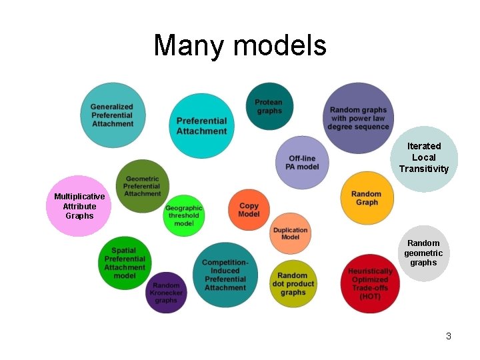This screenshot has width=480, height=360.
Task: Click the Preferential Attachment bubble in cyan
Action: pyautogui.click(x=201, y=125)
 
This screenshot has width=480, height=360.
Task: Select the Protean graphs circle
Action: pyautogui.click(x=269, y=107)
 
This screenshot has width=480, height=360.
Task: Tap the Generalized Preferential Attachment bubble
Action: pyautogui.click(x=112, y=115)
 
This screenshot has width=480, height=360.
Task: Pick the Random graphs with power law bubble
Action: pyautogui.click(x=358, y=118)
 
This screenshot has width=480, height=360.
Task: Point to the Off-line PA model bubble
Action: pyautogui.click(x=302, y=162)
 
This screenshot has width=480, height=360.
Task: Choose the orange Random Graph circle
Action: pyautogui.click(x=367, y=198)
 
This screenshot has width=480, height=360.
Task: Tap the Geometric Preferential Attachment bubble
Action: pyautogui.click(x=142, y=185)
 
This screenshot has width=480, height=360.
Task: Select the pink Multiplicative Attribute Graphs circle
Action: pyautogui.click(x=79, y=206)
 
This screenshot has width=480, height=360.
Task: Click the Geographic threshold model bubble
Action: pyautogui.click(x=183, y=215)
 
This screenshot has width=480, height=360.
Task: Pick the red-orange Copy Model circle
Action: pyautogui.click(x=249, y=210)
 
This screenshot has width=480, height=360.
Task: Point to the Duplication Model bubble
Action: pyautogui.click(x=290, y=233)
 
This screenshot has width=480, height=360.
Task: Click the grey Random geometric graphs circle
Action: pyautogui.click(x=423, y=253)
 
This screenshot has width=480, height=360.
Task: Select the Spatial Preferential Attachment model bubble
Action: pyautogui.click(x=125, y=263)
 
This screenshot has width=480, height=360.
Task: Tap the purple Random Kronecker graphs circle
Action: pyautogui.click(x=166, y=293)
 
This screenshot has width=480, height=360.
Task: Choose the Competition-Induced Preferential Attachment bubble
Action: pyautogui.click(x=225, y=275)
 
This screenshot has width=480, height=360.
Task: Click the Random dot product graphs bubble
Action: pyautogui.click(x=293, y=283)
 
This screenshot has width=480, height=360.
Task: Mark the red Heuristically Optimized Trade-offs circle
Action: pyautogui.click(x=370, y=283)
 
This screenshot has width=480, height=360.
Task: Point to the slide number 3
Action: pyautogui.click(x=449, y=336)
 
